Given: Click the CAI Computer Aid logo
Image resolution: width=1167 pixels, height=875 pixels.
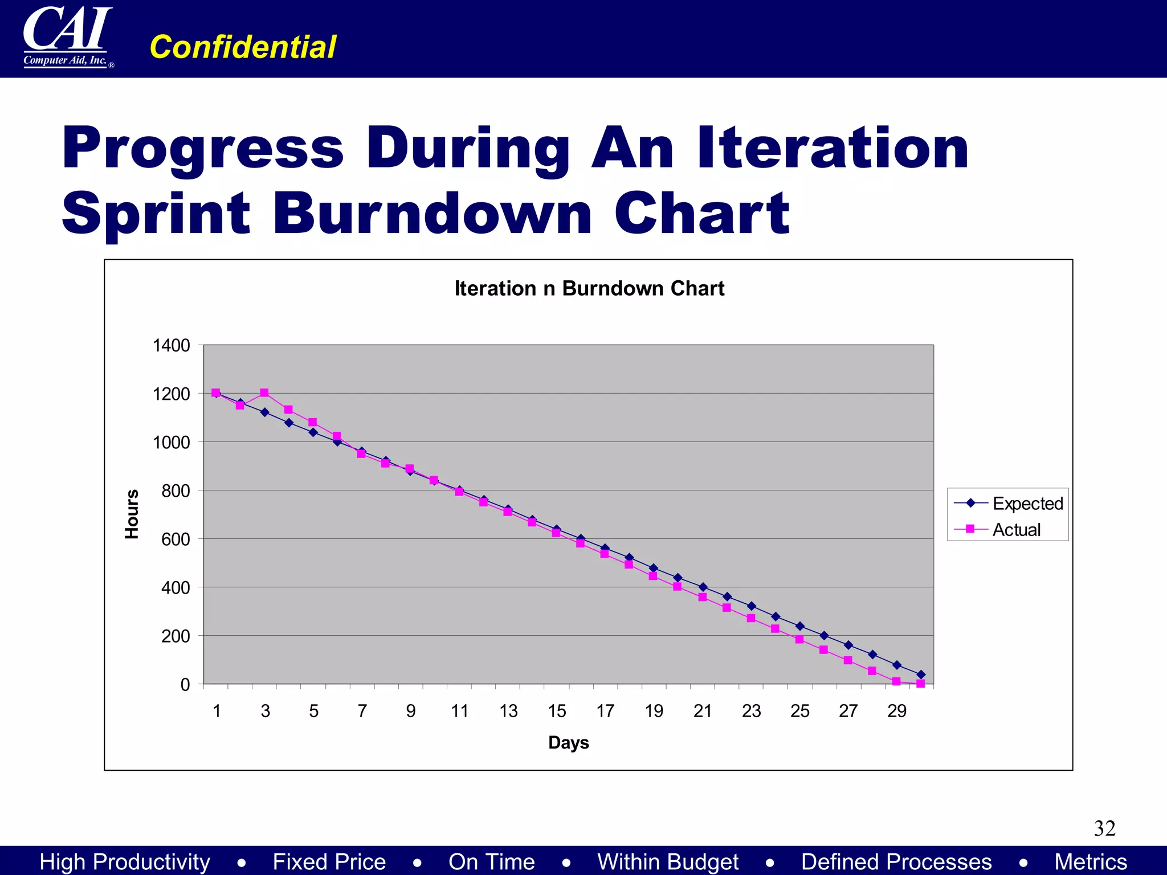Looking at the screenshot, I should [67, 37].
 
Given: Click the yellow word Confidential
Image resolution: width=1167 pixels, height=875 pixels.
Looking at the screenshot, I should [243, 47].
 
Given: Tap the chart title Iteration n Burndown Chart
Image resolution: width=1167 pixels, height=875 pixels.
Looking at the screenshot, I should [589, 288].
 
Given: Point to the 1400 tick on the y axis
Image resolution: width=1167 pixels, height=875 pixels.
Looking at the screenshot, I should [172, 345].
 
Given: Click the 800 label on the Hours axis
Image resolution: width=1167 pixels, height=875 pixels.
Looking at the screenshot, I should [176, 490].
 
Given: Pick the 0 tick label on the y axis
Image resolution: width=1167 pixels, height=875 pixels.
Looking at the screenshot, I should [185, 684].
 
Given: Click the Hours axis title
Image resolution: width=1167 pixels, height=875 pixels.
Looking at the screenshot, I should [132, 514].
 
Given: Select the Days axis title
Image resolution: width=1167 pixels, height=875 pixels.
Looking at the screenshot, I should [568, 742].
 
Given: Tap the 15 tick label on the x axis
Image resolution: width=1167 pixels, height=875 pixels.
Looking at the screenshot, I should [557, 711].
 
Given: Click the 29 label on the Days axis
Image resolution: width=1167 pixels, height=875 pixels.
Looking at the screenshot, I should [896, 711].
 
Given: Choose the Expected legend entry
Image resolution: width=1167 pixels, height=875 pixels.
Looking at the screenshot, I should [1027, 504].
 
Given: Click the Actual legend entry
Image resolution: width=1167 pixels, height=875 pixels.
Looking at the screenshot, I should [1016, 530].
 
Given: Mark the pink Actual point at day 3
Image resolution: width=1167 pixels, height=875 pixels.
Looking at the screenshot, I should [264, 393].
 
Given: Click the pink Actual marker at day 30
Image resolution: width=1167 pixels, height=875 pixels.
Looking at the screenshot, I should [920, 684].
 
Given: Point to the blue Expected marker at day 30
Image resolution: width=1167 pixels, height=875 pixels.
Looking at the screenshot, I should [921, 674].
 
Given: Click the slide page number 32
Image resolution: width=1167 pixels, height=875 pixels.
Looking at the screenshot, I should [1104, 828].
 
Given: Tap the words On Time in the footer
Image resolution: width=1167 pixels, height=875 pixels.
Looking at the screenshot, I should [491, 861].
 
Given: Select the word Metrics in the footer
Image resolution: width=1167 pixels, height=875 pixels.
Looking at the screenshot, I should [1090, 861].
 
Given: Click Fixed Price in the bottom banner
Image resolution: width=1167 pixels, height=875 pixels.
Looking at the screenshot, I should [329, 861].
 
